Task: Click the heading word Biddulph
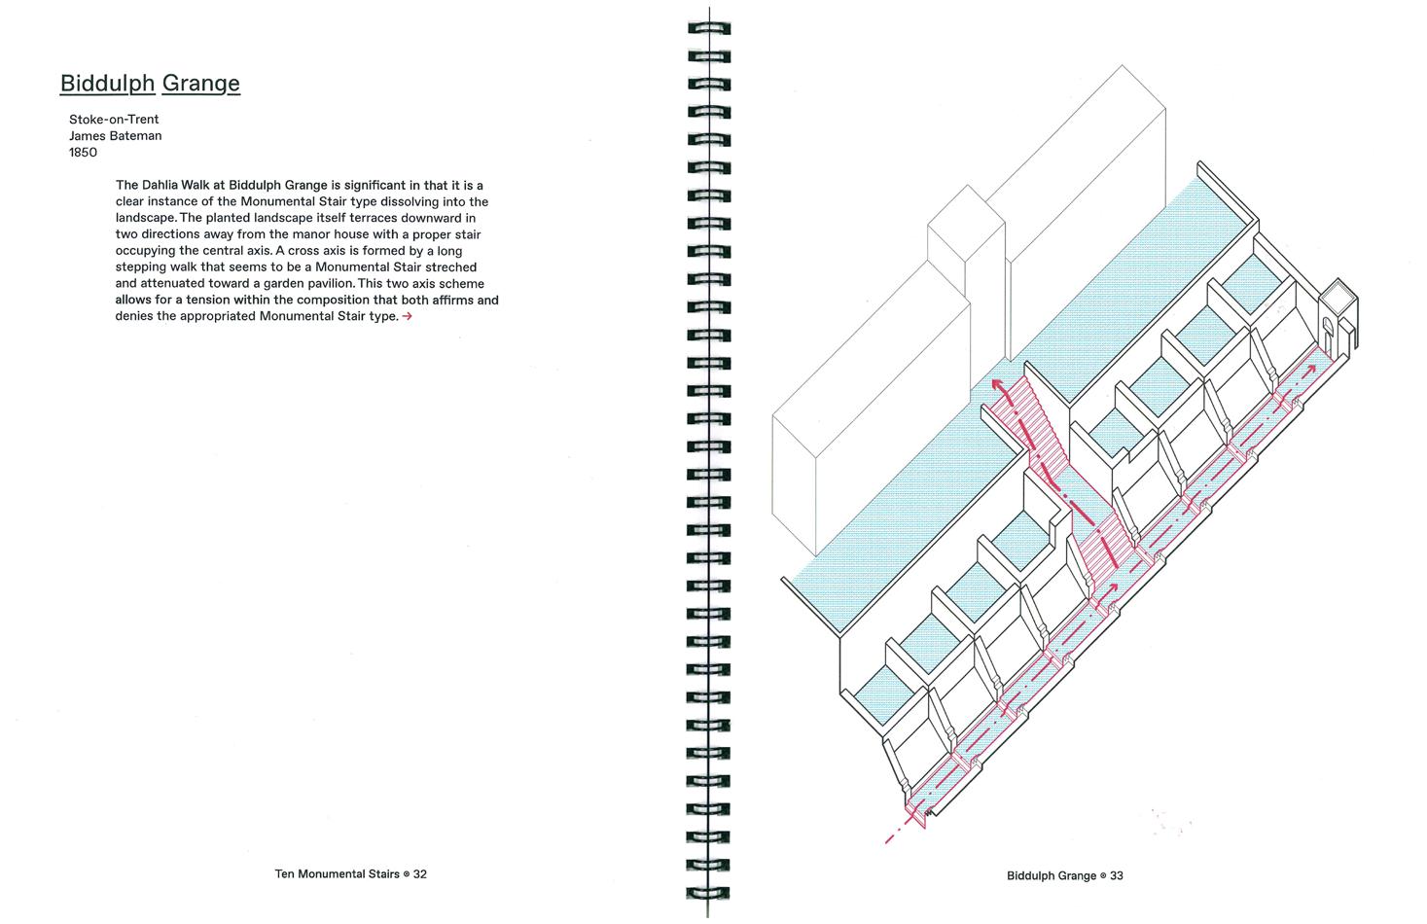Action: (107, 83)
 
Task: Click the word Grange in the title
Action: (200, 83)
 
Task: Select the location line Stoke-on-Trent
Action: (114, 120)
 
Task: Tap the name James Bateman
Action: (115, 136)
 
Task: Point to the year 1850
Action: (83, 153)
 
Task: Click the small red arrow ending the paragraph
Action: (407, 316)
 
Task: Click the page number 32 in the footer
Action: (420, 873)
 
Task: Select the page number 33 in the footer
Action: (1116, 875)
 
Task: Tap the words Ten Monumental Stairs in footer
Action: (337, 873)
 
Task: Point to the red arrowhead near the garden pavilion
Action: (1313, 369)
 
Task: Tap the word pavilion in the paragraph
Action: (311, 283)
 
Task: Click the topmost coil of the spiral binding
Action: (709, 29)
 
